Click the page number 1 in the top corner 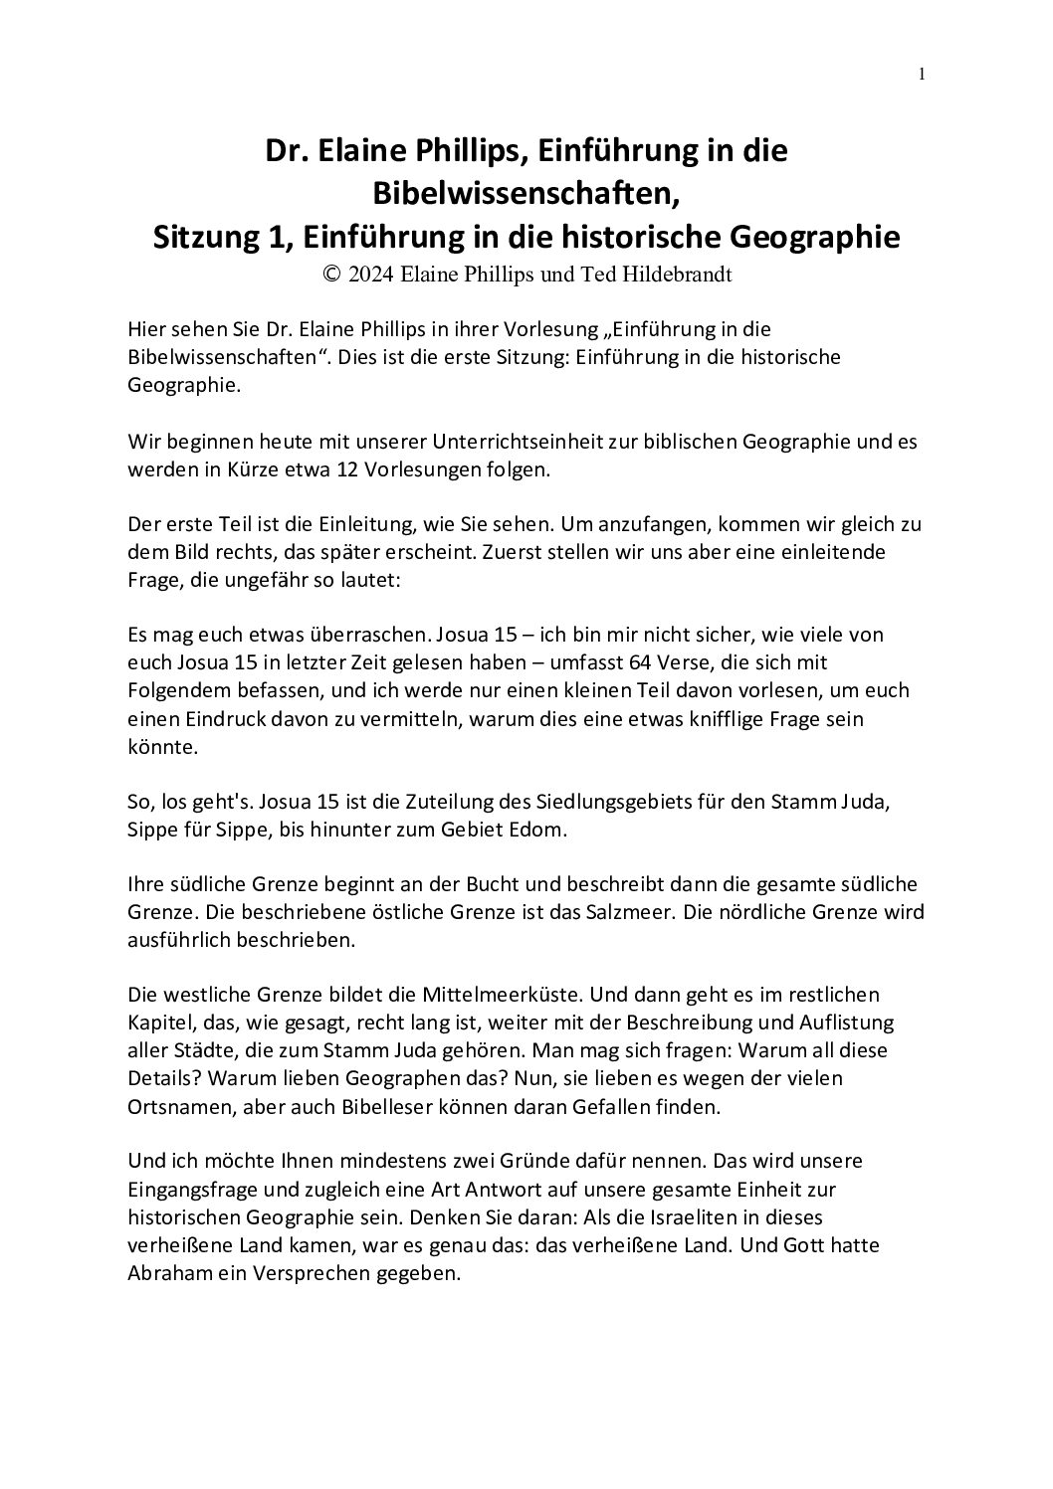[x=923, y=74]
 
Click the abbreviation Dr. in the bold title [x=283, y=151]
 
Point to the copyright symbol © [x=331, y=275]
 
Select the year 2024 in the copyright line [x=370, y=275]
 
